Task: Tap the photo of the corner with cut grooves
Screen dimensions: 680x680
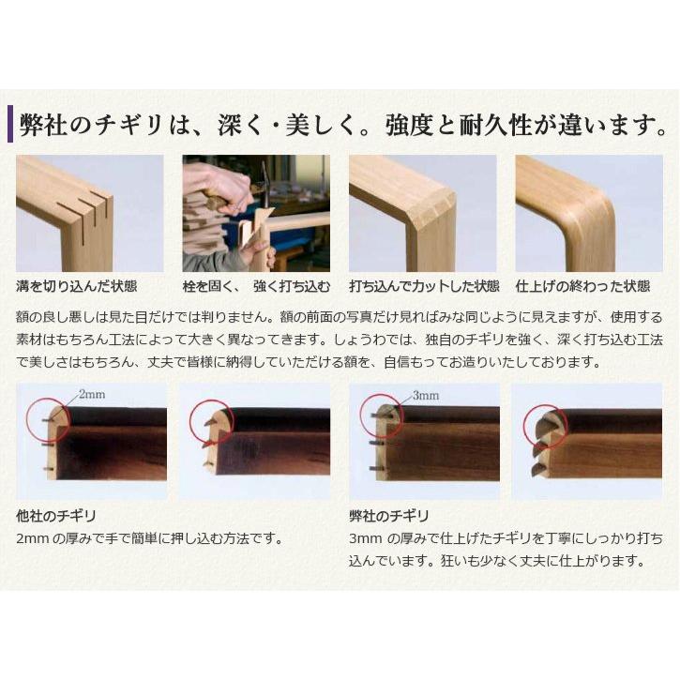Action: tap(89, 213)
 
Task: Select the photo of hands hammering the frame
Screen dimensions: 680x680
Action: tap(255, 213)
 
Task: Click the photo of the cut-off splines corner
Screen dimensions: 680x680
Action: tap(422, 213)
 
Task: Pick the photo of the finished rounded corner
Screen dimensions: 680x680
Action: tap(588, 213)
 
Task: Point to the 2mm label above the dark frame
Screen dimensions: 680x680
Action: tap(92, 395)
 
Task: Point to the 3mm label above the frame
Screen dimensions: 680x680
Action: tap(425, 396)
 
